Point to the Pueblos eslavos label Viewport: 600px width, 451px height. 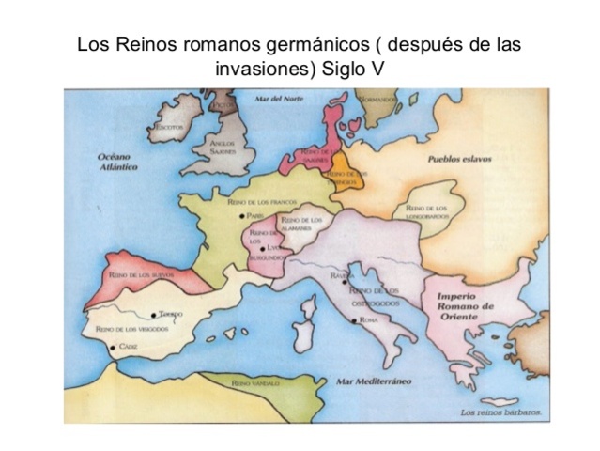tap(459, 161)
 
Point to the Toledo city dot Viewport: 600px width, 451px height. tap(153, 314)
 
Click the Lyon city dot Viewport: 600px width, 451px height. tap(264, 248)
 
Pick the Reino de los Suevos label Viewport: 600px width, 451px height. tap(138, 276)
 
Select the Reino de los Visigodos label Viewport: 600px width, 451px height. tap(131, 330)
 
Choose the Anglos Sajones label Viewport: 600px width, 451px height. tap(222, 148)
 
